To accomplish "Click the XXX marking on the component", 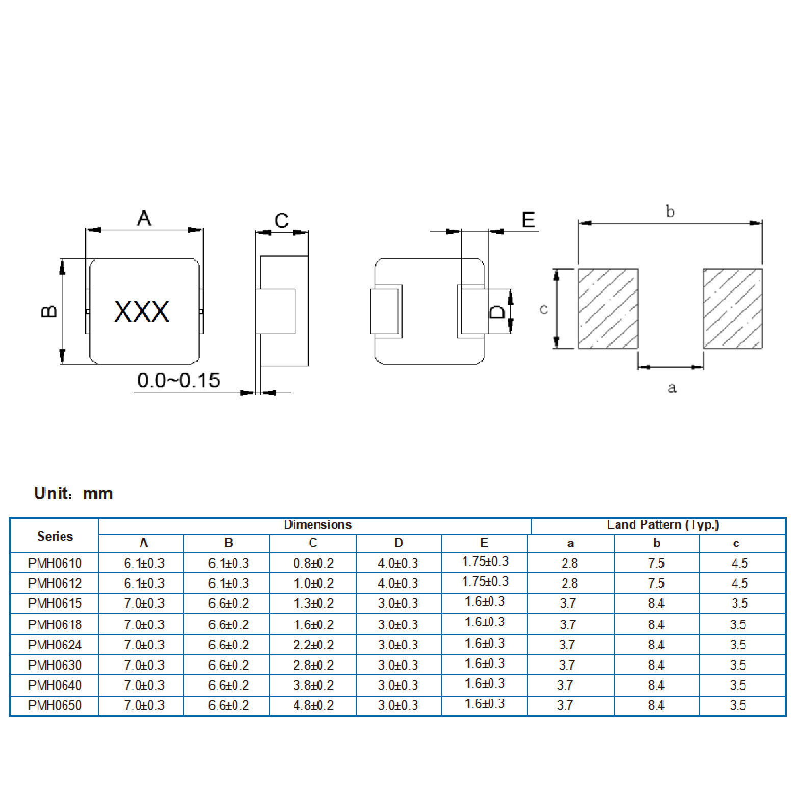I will click(142, 311).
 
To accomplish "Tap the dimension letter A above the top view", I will click(144, 218).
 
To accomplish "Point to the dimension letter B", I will click(49, 311).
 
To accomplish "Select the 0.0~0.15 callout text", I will click(178, 380).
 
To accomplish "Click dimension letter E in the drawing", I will click(528, 220).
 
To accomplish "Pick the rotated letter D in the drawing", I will click(497, 311).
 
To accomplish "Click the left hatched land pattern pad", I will click(608, 309).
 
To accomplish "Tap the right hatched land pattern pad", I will click(732, 309).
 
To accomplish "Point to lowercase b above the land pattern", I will click(670, 211).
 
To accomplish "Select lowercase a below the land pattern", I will click(672, 388).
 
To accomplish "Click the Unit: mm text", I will click(73, 493).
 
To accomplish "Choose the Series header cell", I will click(55, 536).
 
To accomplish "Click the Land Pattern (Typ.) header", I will click(662, 525).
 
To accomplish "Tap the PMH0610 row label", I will click(55, 563).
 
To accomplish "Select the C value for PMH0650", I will click(313, 705).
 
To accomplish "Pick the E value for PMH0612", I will click(485, 582).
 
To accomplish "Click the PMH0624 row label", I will click(55, 645).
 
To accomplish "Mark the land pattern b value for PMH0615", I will click(656, 603).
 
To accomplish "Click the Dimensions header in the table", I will click(317, 525).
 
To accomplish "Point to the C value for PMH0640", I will click(313, 685).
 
